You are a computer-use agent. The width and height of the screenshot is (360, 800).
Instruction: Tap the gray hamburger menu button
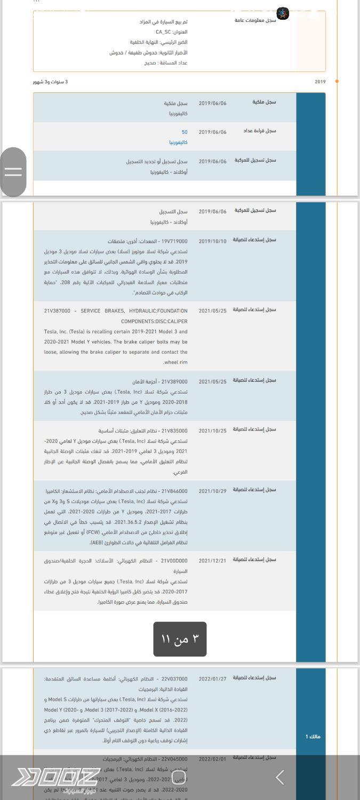13,171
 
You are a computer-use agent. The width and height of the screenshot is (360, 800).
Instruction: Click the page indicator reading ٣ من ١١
180,639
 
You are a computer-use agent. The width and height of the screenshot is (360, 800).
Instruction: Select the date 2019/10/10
212,241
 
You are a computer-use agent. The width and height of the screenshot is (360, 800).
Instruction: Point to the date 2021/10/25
212,431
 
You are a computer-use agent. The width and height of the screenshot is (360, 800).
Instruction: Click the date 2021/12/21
212,561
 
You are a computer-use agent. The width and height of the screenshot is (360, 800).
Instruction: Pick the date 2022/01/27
212,679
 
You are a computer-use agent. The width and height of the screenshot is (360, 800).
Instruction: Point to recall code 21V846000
174,491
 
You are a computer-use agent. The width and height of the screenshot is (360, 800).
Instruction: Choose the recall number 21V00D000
174,561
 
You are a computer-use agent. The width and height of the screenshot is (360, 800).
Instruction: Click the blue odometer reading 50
185,132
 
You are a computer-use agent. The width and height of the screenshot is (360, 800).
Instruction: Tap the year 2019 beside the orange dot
320,82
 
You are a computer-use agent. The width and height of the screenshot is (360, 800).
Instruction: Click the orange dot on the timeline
337,82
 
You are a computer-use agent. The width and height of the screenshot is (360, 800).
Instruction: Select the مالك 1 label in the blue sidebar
313,737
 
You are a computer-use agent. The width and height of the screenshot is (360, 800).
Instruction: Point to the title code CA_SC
163,32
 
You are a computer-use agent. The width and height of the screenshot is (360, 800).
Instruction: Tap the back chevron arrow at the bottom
280,778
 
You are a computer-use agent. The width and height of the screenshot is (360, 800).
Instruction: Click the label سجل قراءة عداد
260,131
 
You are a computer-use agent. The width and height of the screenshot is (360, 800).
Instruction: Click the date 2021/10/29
212,491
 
